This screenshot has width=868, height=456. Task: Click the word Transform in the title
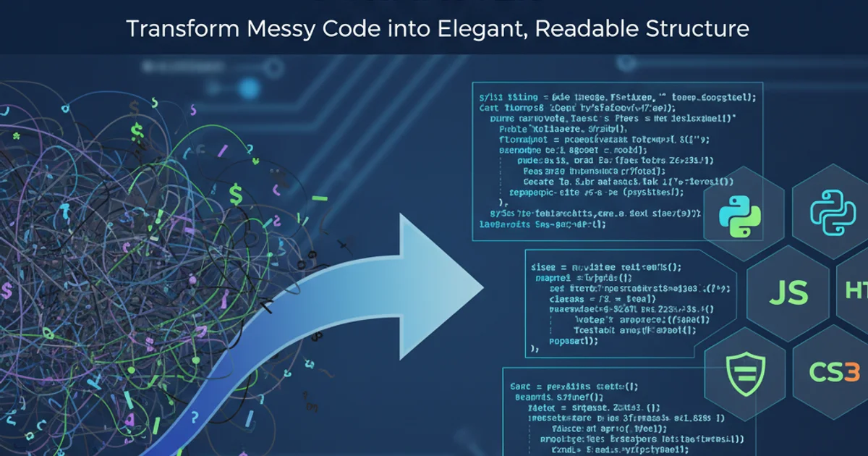pyautogui.click(x=171, y=29)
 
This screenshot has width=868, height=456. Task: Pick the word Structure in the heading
pyautogui.click(x=696, y=29)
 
